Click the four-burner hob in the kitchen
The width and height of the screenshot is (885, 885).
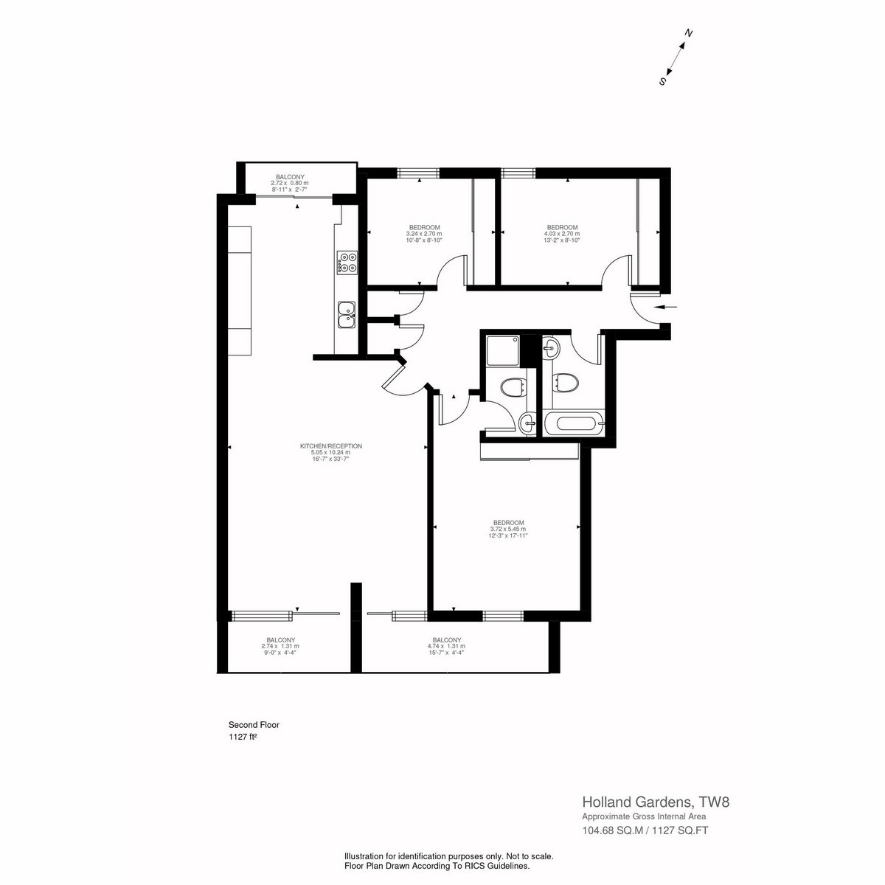pyautogui.click(x=347, y=263)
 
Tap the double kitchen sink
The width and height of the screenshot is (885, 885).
pyautogui.click(x=347, y=315)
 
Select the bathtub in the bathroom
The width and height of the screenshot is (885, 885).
pyautogui.click(x=574, y=423)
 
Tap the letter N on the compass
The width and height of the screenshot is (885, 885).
pyautogui.click(x=688, y=33)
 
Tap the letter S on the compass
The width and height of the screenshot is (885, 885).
pyautogui.click(x=662, y=81)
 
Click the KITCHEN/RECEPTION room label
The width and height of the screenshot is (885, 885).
pyautogui.click(x=330, y=446)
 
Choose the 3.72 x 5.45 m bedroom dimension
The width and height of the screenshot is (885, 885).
pyautogui.click(x=508, y=529)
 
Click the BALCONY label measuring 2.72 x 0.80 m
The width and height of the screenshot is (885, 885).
pyautogui.click(x=290, y=177)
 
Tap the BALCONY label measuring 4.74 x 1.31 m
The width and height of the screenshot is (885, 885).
pyautogui.click(x=446, y=639)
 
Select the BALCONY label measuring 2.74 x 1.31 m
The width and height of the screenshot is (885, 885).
pyautogui.click(x=280, y=639)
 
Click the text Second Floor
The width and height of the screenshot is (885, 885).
pyautogui.click(x=254, y=725)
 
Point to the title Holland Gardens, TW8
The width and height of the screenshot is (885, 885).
pyautogui.click(x=656, y=802)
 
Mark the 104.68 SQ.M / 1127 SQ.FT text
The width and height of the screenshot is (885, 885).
pyautogui.click(x=645, y=830)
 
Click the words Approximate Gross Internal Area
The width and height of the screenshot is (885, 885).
pyautogui.click(x=644, y=816)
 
